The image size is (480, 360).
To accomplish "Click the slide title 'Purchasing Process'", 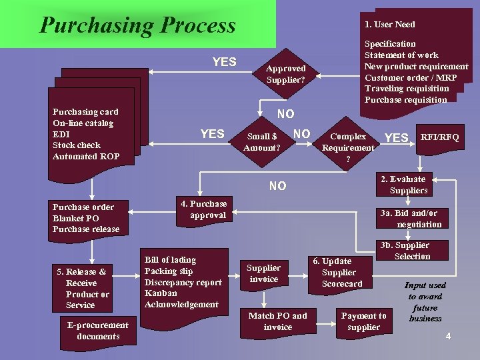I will coord(137,25).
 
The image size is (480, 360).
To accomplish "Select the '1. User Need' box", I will coord(390,24).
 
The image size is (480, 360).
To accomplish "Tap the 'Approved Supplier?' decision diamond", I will coord(285,74).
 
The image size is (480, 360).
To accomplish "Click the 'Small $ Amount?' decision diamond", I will coord(261,141).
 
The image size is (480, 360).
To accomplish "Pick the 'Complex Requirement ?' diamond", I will coord(348,147).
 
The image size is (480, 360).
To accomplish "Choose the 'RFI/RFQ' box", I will coord(439,137).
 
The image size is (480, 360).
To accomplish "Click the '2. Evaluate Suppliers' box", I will coord(407,185).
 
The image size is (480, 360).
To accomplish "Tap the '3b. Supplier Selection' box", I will coord(412,251).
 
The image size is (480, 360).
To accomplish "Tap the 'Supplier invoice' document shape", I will coord(264,273).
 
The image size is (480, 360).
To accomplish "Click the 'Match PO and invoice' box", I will coord(277,321).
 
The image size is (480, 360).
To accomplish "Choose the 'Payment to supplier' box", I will coord(363,321).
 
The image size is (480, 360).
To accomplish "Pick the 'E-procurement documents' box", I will coord(98,330).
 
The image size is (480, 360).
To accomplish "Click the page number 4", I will coord(448,336).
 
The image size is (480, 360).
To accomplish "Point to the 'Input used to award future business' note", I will coord(425,302).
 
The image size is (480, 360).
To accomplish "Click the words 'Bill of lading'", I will coord(171,259).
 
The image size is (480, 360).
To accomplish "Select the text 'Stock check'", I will coord(77,145).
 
